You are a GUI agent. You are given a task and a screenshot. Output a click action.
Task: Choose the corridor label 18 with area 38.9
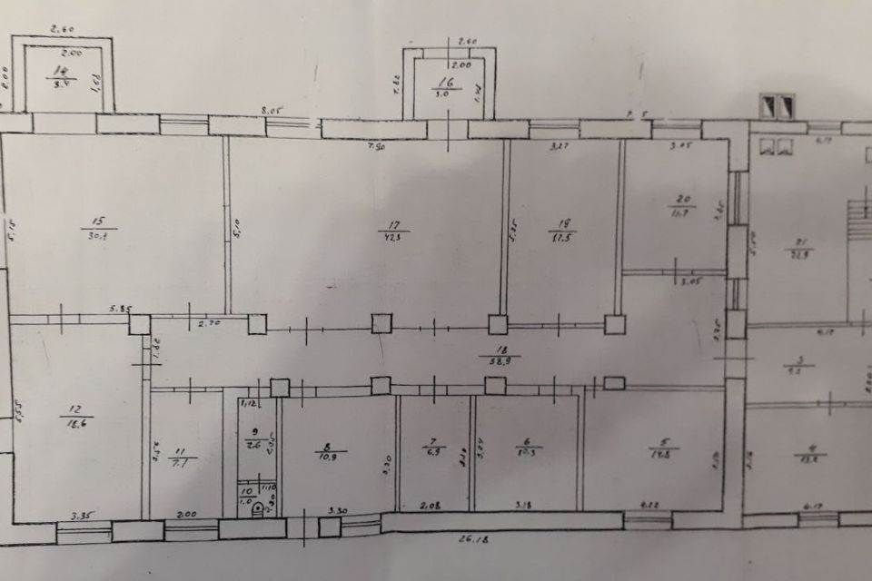[x=496, y=350]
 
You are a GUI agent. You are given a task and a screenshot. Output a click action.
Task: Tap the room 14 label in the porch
[x=62, y=70]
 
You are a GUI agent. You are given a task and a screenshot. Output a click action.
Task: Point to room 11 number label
[x=179, y=451]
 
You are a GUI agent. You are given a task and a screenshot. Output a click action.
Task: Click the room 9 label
[x=254, y=432]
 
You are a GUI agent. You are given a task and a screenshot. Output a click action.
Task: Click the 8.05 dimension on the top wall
[x=273, y=111]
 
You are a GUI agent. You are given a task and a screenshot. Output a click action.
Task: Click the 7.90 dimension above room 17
[x=373, y=146]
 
